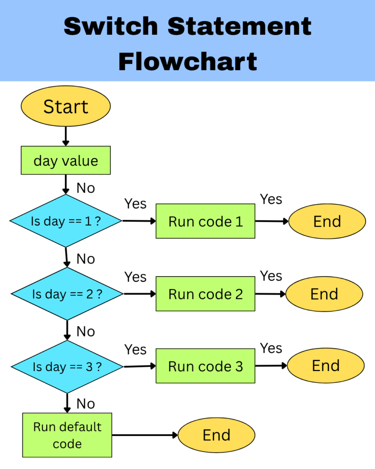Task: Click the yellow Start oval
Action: (x=65, y=107)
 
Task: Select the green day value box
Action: (x=65, y=160)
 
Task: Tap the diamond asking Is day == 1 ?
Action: (x=66, y=221)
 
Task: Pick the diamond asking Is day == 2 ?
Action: (x=67, y=294)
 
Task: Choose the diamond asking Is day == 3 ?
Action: (x=67, y=366)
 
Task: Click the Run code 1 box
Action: (x=205, y=221)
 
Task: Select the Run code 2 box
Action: (x=205, y=294)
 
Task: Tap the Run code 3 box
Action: (x=205, y=366)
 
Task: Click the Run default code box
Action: (x=67, y=435)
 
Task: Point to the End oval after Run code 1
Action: (x=327, y=221)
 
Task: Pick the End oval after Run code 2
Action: (x=324, y=294)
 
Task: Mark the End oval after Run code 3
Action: (x=326, y=365)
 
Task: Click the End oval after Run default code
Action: (x=216, y=435)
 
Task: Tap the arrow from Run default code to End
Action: (x=145, y=435)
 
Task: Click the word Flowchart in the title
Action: (x=187, y=61)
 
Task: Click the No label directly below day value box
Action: (x=86, y=188)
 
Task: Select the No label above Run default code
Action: (x=86, y=404)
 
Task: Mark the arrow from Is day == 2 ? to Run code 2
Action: (x=140, y=294)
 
